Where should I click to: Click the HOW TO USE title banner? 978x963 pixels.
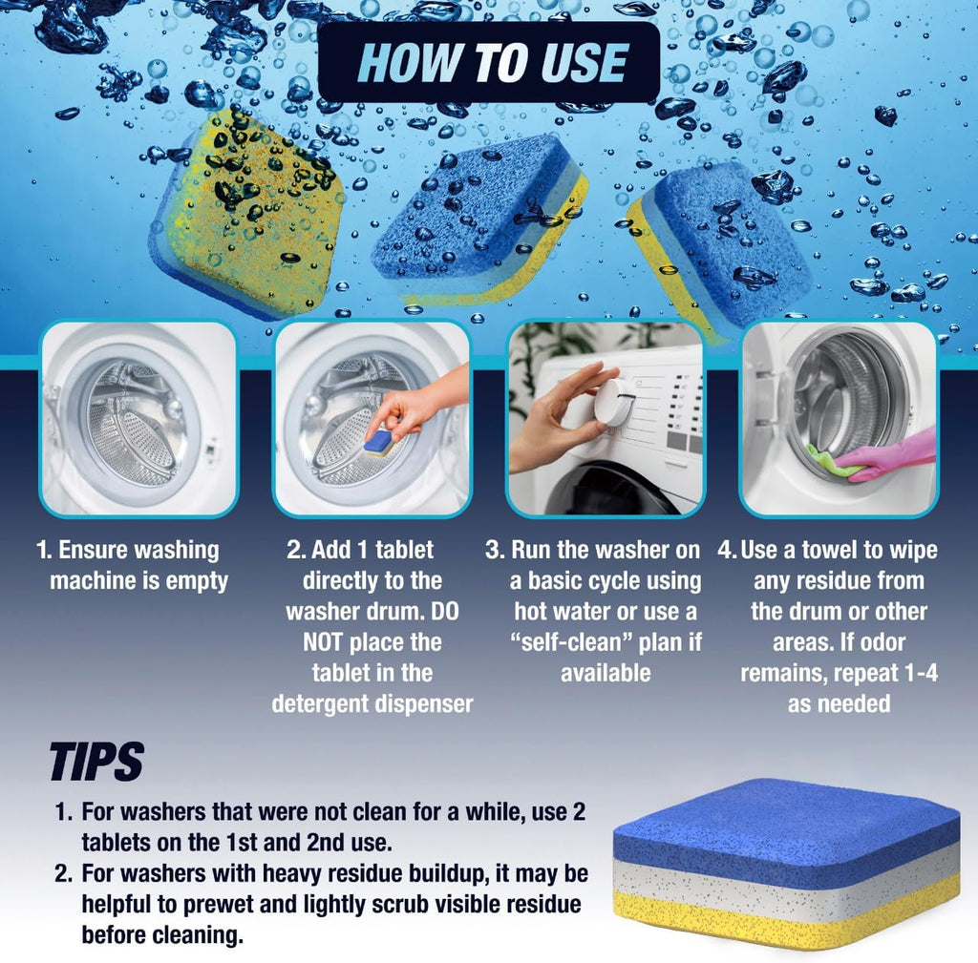click(x=489, y=63)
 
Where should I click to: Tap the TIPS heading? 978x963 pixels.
click(x=96, y=762)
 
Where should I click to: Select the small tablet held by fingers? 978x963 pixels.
click(x=380, y=441)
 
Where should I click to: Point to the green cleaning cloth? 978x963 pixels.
click(x=828, y=461)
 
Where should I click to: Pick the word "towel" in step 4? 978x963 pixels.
click(x=825, y=550)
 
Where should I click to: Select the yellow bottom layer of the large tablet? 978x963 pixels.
click(x=783, y=918)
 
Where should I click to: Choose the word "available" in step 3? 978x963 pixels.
click(x=606, y=672)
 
